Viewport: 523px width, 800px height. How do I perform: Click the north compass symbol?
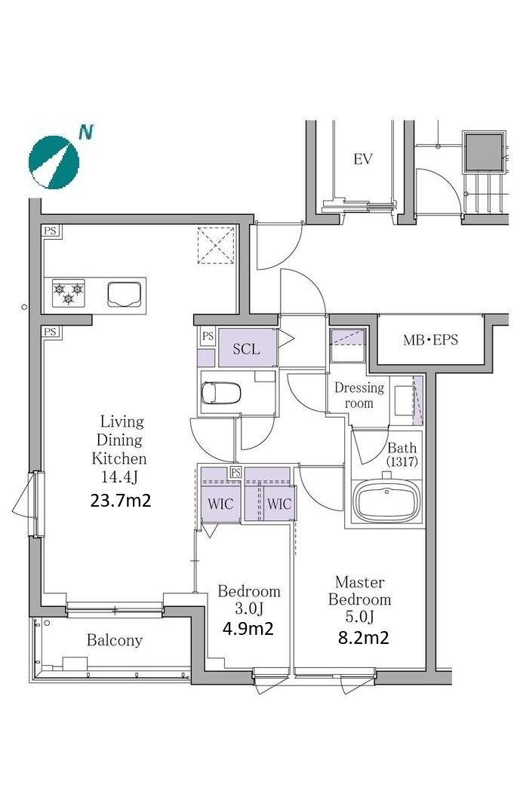pyautogui.click(x=54, y=162)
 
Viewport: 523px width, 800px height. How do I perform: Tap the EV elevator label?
pyautogui.click(x=362, y=159)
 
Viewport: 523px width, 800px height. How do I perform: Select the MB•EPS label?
pyautogui.click(x=430, y=340)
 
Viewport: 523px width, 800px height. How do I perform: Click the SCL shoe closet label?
pyautogui.click(x=246, y=349)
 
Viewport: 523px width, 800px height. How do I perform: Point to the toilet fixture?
pyautogui.click(x=220, y=393)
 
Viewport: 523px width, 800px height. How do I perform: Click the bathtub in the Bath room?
pyautogui.click(x=387, y=499)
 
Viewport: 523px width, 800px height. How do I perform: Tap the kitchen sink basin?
pyautogui.click(x=124, y=295)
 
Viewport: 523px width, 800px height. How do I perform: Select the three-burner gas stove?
pyautogui.click(x=69, y=293)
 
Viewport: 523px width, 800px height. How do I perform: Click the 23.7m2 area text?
pyautogui.click(x=121, y=500)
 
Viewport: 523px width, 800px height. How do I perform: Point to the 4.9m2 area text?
pyautogui.click(x=248, y=628)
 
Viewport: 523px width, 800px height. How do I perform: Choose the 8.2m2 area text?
pyautogui.click(x=363, y=636)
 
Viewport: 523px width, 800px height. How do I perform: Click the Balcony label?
pyautogui.click(x=115, y=640)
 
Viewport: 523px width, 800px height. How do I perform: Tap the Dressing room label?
pyautogui.click(x=359, y=395)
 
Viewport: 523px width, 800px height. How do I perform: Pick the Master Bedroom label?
pyautogui.click(x=359, y=591)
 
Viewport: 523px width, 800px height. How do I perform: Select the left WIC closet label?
pyautogui.click(x=220, y=504)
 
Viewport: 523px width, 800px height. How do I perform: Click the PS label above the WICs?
pyautogui.click(x=235, y=473)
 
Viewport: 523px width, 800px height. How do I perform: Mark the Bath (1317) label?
pyautogui.click(x=402, y=454)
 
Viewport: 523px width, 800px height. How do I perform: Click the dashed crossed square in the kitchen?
pyautogui.click(x=216, y=245)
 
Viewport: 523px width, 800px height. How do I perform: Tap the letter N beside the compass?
pyautogui.click(x=86, y=132)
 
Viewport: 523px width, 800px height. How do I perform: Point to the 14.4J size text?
pyautogui.click(x=119, y=477)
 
